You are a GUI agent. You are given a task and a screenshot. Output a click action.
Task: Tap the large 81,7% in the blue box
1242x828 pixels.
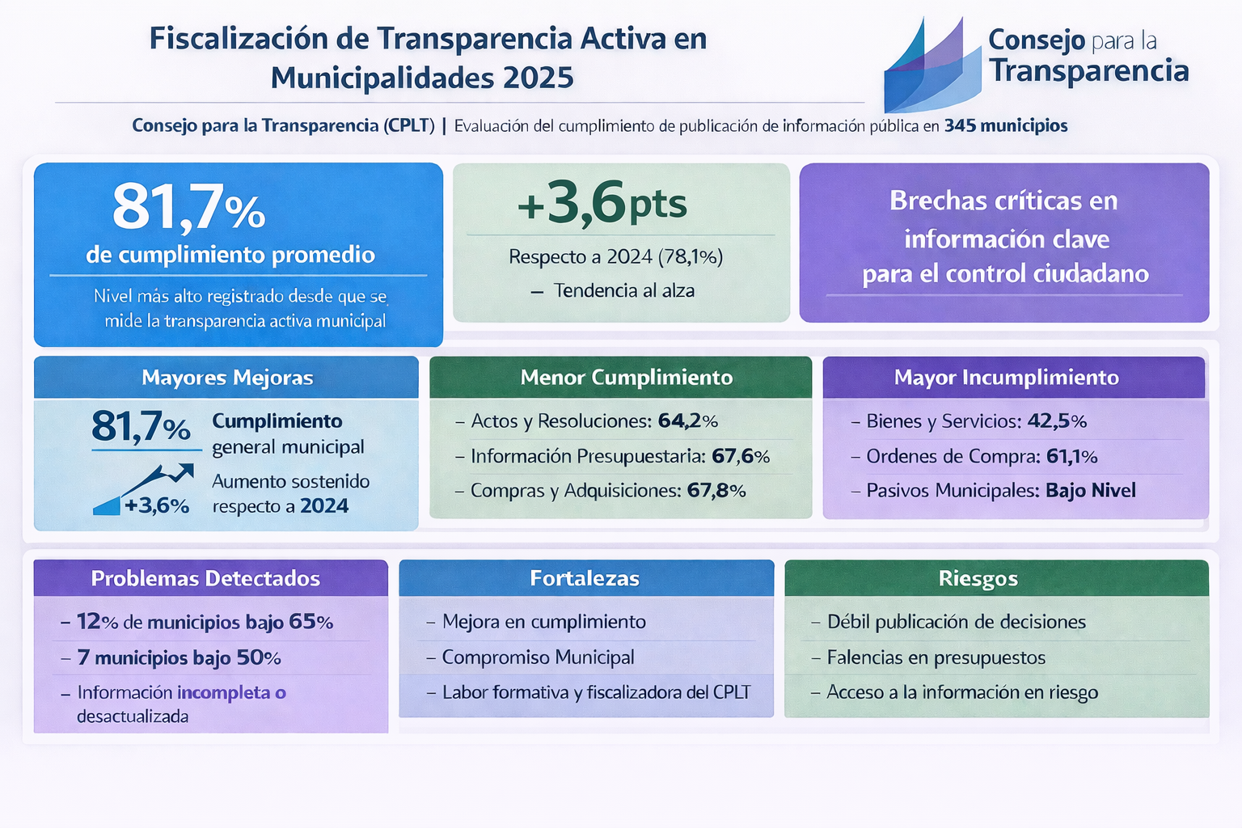[188, 207]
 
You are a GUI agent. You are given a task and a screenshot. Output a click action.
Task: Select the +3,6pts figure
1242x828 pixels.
[602, 203]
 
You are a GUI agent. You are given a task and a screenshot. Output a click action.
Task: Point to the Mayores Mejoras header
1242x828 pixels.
[226, 378]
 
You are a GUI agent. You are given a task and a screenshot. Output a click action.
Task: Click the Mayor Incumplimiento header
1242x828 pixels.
[1006, 378]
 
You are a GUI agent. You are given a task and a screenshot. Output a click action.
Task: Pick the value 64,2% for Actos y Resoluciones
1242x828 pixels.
[687, 421]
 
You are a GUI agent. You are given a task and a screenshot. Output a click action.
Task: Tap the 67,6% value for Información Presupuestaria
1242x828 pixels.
[741, 457]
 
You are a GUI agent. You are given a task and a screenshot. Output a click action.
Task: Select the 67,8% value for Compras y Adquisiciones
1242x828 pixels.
[716, 491]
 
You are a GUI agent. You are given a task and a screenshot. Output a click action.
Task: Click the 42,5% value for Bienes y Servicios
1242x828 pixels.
[1057, 421]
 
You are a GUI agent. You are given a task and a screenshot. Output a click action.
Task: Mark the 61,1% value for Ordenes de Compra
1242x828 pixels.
[1071, 457]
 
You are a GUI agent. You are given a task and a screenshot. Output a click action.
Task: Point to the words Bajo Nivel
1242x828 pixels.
[1090, 491]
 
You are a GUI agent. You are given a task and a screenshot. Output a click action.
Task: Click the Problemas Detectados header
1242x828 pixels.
[205, 579]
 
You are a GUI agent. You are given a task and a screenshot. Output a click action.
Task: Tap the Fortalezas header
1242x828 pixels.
[585, 579]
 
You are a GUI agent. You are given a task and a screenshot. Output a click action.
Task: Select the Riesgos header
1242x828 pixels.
[978, 579]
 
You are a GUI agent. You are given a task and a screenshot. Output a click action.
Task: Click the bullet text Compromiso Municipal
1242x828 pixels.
[538, 657]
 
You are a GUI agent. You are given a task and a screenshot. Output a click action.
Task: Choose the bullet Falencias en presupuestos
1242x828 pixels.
[936, 657]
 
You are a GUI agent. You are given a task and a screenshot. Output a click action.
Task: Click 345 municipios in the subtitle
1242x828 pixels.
[1005, 126]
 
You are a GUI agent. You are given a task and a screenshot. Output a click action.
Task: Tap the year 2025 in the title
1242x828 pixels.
[538, 78]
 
